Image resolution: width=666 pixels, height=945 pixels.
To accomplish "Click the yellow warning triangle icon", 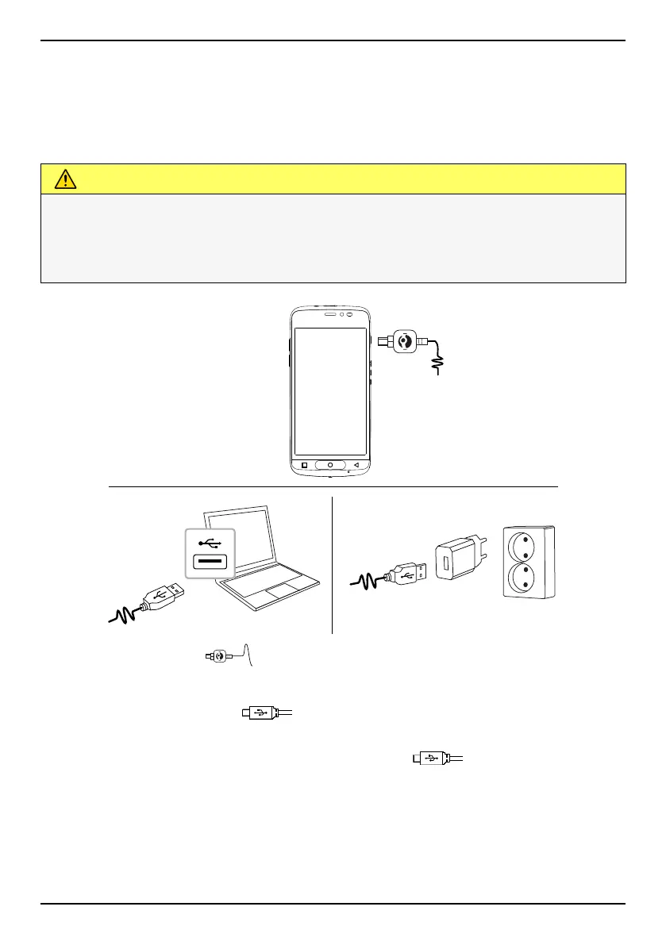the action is pyautogui.click(x=65, y=179).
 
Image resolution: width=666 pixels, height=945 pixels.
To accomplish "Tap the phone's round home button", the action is pyautogui.click(x=330, y=465).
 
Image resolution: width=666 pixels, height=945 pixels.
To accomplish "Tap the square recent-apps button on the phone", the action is pyautogui.click(x=303, y=465).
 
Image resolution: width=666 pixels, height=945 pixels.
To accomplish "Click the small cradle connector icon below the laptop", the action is pyautogui.click(x=216, y=656).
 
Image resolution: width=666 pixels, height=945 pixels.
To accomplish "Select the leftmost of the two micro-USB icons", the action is pyautogui.click(x=260, y=713).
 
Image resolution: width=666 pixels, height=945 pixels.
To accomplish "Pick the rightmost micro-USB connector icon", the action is pyautogui.click(x=432, y=759).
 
